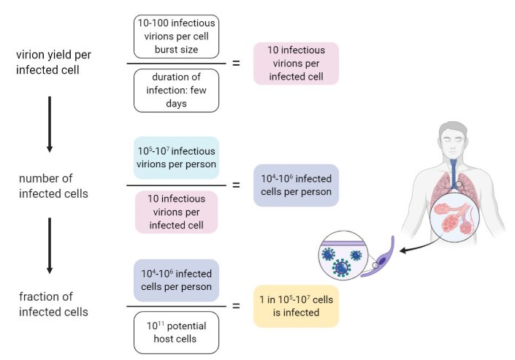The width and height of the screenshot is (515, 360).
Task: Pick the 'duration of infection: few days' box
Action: pos(176,91)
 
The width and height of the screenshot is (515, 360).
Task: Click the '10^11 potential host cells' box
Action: pos(176,334)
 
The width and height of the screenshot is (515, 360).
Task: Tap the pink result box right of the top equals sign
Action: pos(296,64)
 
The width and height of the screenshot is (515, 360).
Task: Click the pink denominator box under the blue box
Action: pos(176,212)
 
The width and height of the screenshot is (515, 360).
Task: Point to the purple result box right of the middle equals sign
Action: pos(296,185)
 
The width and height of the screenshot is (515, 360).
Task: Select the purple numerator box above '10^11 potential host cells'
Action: pos(176,280)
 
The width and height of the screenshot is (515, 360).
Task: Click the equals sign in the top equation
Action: pos(236,64)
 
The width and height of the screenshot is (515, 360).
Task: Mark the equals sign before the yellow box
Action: pos(236,307)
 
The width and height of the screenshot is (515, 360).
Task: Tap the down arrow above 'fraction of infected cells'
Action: pos(50,245)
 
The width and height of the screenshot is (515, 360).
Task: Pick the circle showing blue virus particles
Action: pos(343,259)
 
